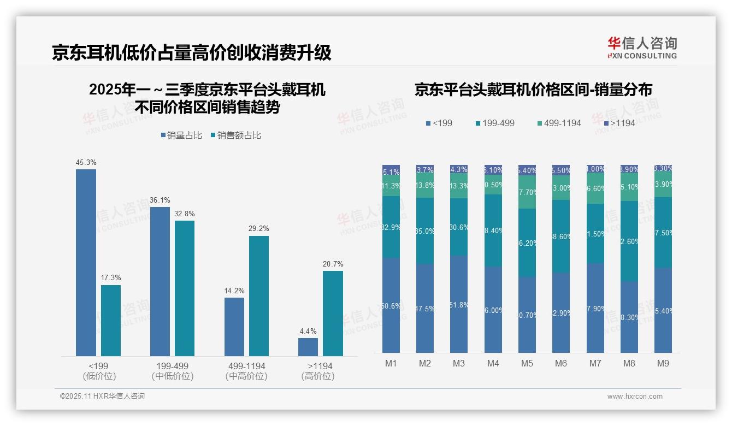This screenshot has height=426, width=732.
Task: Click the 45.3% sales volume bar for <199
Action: pyautogui.click(x=86, y=262)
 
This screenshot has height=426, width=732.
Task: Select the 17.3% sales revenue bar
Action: pyautogui.click(x=111, y=320)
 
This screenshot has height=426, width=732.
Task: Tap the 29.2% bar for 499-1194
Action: pyautogui.click(x=259, y=295)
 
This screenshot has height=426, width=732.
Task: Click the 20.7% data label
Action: pyautogui.click(x=333, y=264)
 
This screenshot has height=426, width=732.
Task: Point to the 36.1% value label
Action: pyautogui.click(x=160, y=200)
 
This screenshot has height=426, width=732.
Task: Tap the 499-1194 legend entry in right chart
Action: pyautogui.click(x=559, y=123)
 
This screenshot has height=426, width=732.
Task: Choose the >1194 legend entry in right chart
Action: pyautogui.click(x=620, y=123)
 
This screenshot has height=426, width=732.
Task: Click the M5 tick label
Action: pyautogui.click(x=527, y=363)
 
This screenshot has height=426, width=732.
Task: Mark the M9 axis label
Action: pyautogui.click(x=663, y=363)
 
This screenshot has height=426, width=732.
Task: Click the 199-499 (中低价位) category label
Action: pyautogui.click(x=173, y=371)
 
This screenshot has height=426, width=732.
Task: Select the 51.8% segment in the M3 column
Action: pyautogui.click(x=459, y=304)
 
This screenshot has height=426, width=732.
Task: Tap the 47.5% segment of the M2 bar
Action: pyautogui.click(x=425, y=309)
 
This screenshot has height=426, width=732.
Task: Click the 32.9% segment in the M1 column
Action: pyautogui.click(x=391, y=227)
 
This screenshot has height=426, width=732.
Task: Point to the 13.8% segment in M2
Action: pyautogui.click(x=425, y=186)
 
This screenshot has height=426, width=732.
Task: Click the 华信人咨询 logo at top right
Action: pyautogui.click(x=642, y=48)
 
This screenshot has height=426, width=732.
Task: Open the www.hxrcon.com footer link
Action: pyautogui.click(x=635, y=397)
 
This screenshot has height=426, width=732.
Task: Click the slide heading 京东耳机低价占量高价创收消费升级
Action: pyautogui.click(x=192, y=52)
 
